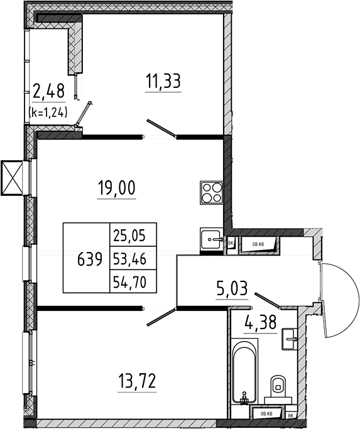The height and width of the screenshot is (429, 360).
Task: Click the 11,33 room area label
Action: click(163, 82)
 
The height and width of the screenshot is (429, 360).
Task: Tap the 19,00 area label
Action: click(117, 188)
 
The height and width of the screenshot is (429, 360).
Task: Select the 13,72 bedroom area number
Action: click(137, 381)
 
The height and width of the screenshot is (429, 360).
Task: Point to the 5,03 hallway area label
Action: click(232, 289)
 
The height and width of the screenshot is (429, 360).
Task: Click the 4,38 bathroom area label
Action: click(260, 322)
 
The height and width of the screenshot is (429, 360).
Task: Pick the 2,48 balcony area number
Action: click(49, 91)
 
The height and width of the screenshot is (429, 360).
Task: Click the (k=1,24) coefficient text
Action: click(48, 112)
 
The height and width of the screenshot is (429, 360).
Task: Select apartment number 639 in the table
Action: click(90, 259)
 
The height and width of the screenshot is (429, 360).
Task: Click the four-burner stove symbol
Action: click(211, 192)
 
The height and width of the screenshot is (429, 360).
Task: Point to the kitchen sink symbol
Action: click(211, 239)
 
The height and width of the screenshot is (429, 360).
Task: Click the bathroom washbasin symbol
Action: click(290, 339)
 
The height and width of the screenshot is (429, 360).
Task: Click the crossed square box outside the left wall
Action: click(12, 178)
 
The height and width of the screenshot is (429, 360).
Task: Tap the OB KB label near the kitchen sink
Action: click(258, 244)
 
